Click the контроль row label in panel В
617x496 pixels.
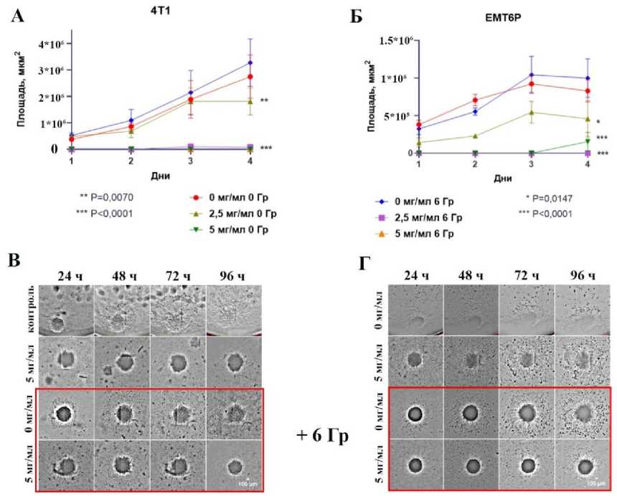coord(31,310)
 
